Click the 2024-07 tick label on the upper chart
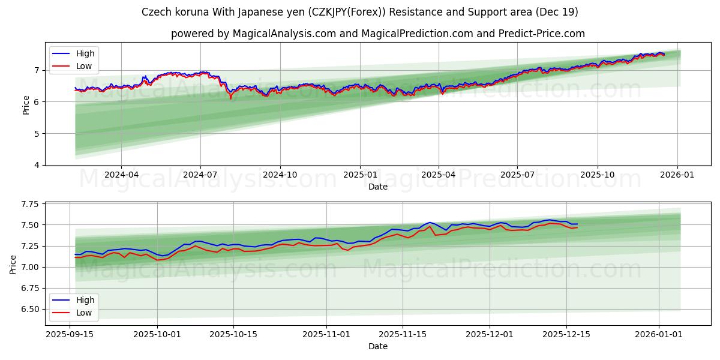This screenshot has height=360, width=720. [200, 175]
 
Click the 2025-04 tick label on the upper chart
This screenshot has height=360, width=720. [439, 175]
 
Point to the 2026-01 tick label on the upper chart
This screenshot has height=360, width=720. [677, 175]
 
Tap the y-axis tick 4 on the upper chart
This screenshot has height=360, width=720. [37, 165]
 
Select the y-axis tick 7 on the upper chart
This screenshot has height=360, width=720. [37, 70]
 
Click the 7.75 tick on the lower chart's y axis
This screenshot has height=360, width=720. [29, 205]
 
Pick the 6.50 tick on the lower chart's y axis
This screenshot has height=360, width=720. [29, 310]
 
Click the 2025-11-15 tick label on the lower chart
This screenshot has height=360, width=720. [403, 334]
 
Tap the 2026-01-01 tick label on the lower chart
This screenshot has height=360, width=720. [659, 334]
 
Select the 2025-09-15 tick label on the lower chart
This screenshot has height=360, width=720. [70, 334]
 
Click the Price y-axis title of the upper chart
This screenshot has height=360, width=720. [26, 105]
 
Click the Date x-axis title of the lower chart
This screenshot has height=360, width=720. [378, 346]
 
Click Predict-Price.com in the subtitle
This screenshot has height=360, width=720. [541, 34]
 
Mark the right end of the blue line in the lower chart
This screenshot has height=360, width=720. [577, 224]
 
